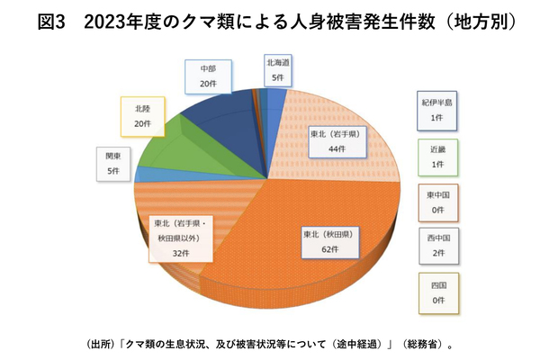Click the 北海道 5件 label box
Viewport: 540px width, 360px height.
[277, 70]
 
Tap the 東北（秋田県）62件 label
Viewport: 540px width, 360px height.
[328, 240]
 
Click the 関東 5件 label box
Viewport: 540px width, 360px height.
[112, 163]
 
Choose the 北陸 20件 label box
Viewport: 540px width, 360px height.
[141, 116]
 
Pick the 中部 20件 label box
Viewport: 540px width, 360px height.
[208, 76]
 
